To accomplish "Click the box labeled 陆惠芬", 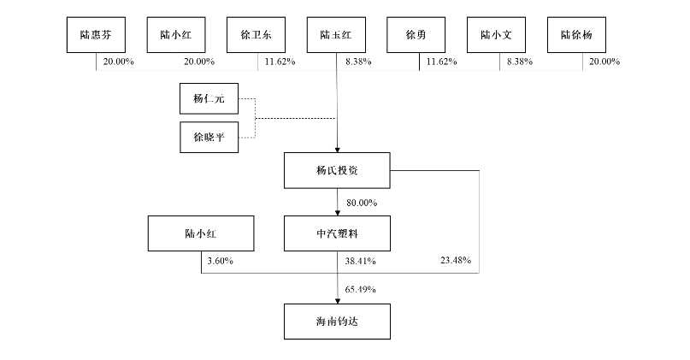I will [96, 36].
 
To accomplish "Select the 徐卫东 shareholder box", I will [257, 36].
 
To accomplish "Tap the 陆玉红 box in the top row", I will [337, 36].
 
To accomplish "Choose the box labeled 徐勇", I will [417, 36].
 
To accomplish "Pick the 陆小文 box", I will [498, 36].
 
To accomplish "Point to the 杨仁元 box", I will [208, 98].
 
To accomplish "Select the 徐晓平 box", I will [208, 136].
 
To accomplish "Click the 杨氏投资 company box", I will [337, 170].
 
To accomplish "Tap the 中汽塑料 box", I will [337, 232].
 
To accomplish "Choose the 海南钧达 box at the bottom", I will [337, 322].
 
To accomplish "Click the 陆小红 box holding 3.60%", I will [201, 232].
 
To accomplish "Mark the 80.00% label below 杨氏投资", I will [362, 202].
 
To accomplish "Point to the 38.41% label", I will [360, 260].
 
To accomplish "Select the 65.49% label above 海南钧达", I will [361, 289].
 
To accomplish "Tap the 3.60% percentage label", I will [220, 260].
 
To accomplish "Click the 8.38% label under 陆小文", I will [519, 62].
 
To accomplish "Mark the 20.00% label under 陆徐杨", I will [603, 62].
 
